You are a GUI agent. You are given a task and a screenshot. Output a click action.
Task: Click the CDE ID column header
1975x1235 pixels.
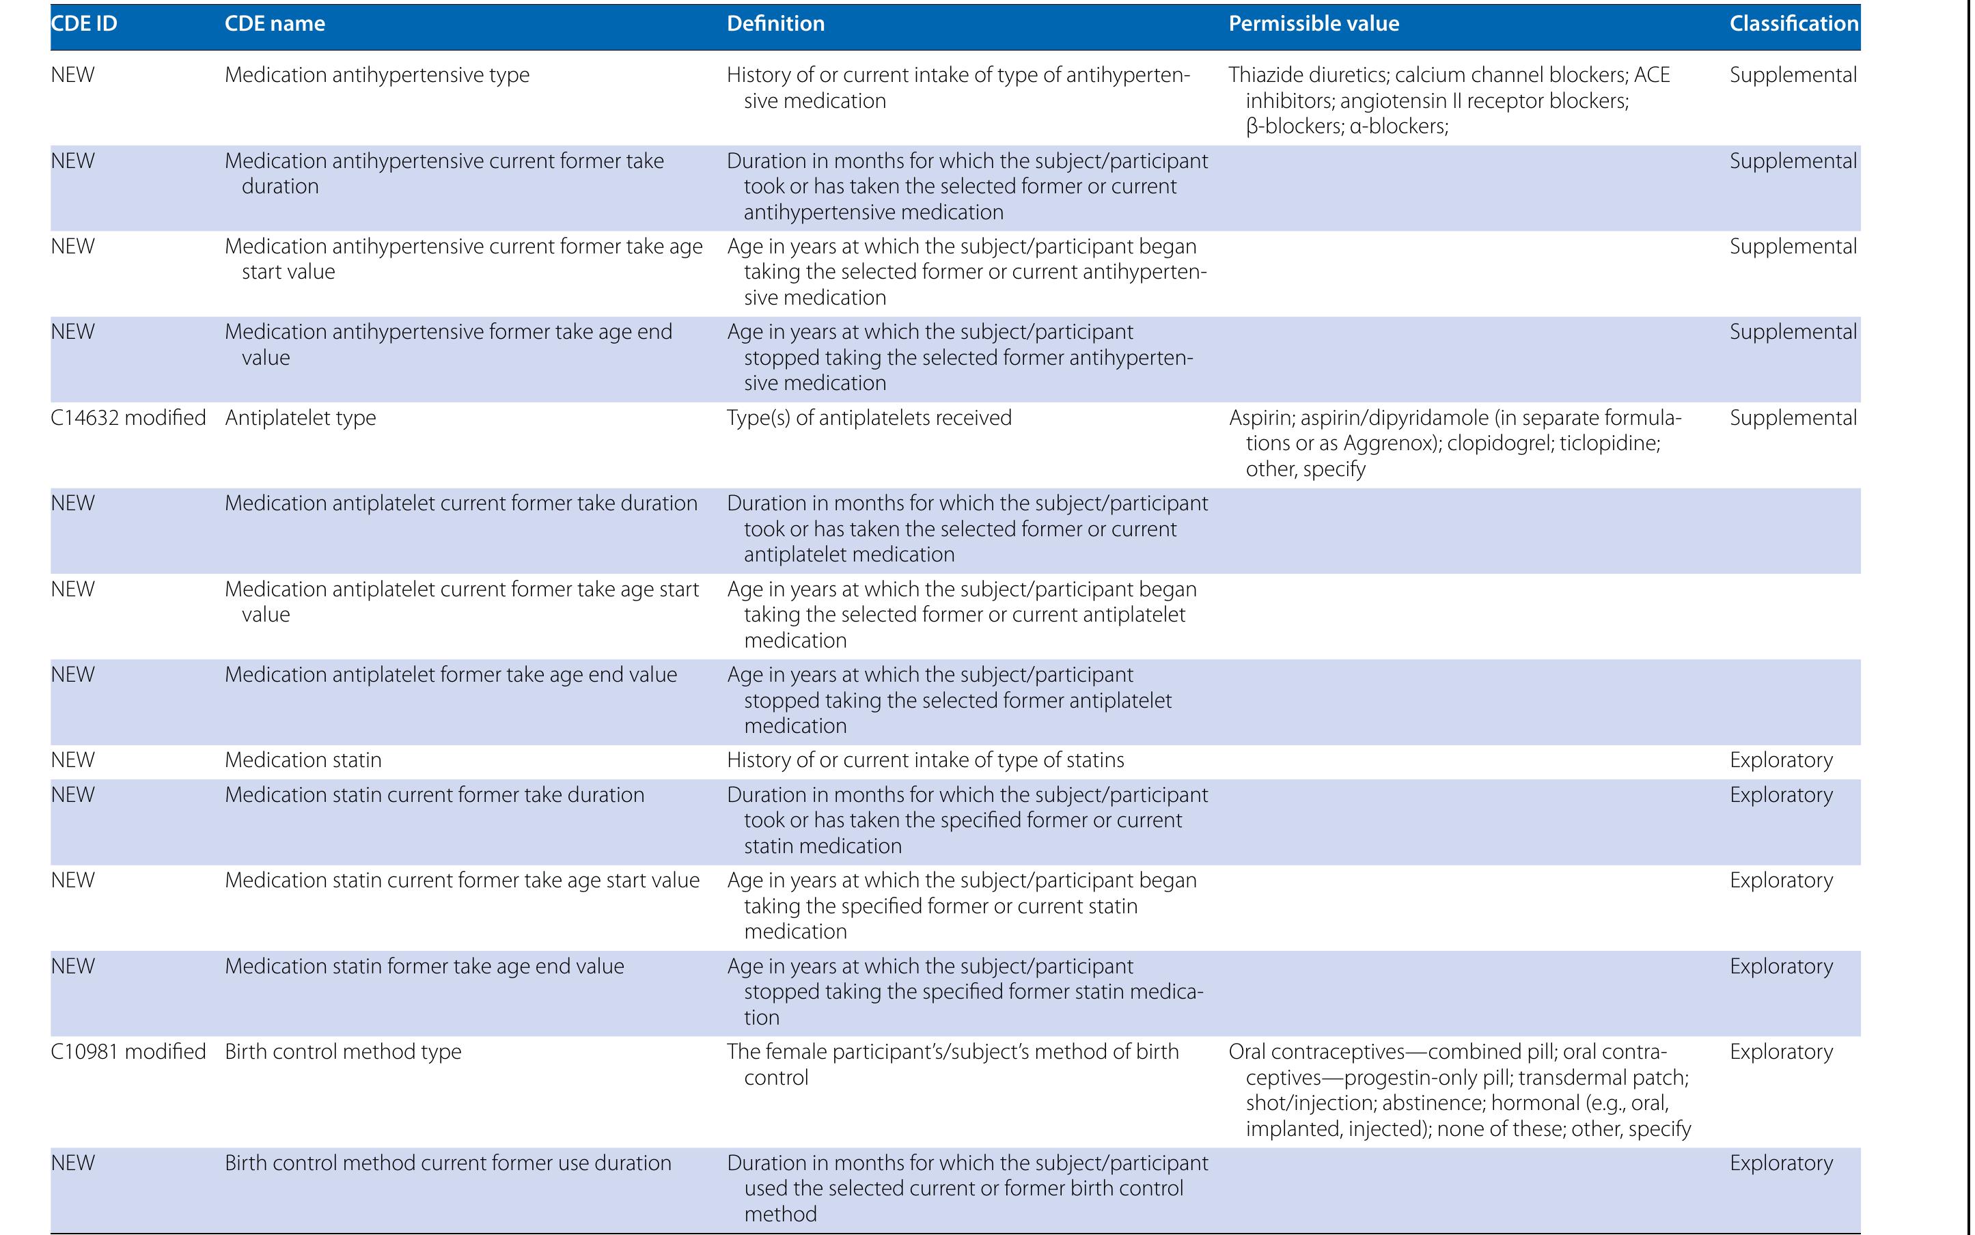click(84, 24)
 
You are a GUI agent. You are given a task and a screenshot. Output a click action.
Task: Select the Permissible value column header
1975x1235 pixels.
click(1314, 24)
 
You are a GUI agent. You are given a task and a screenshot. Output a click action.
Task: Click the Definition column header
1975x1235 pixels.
click(775, 24)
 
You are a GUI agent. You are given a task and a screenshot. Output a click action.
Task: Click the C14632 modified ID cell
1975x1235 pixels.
click(128, 418)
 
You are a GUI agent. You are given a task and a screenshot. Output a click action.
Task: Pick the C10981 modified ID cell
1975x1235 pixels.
click(128, 1052)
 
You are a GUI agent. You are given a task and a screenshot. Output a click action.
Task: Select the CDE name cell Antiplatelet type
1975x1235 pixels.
click(301, 418)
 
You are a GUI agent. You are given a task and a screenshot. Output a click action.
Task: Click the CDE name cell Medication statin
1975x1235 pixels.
click(303, 760)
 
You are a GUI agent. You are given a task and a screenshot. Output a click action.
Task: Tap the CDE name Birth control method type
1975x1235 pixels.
click(343, 1052)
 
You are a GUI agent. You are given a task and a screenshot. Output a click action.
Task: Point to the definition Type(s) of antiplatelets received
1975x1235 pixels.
click(869, 418)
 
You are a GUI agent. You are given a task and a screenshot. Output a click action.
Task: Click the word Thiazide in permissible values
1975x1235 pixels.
click(1266, 75)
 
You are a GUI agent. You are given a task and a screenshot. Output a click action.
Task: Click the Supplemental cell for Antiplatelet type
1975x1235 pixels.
click(1793, 418)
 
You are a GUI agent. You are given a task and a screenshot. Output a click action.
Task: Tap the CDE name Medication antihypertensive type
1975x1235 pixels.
click(376, 75)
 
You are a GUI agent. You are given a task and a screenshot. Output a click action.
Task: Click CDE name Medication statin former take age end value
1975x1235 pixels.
click(424, 967)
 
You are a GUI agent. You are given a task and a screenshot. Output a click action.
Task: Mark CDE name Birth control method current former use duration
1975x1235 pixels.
click(447, 1163)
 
